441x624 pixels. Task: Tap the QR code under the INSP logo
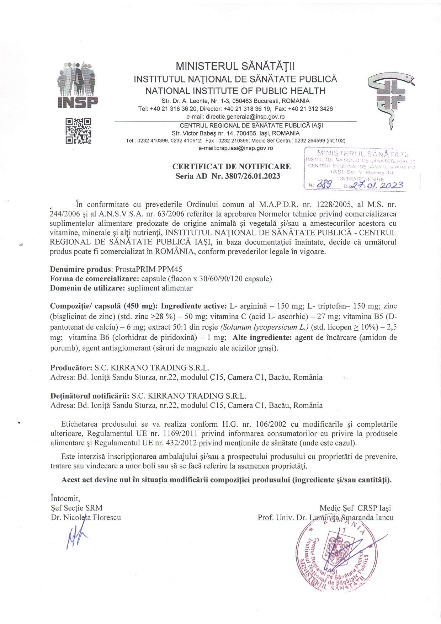coord(78,131)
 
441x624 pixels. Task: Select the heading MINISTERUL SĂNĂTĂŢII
coord(235,66)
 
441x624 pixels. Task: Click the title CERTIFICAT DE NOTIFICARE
coord(231,166)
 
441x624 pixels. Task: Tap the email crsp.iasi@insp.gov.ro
coord(235,148)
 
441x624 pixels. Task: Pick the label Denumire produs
coord(81,269)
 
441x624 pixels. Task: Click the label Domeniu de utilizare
coord(87,288)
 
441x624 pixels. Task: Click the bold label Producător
coord(71,367)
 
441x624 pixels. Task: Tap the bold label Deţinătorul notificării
coord(89,396)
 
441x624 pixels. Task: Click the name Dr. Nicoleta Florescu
coord(86,517)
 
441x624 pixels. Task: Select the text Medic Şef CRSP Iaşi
coord(355,508)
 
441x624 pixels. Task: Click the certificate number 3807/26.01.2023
coord(253,176)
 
